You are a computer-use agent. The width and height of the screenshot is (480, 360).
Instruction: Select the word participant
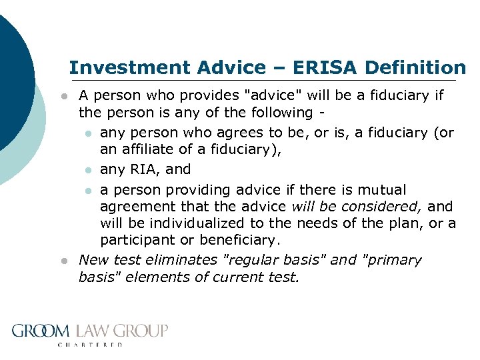point(133,239)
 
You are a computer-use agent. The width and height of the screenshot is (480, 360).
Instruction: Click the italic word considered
point(387,207)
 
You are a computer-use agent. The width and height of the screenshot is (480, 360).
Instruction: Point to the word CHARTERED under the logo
point(91,345)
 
